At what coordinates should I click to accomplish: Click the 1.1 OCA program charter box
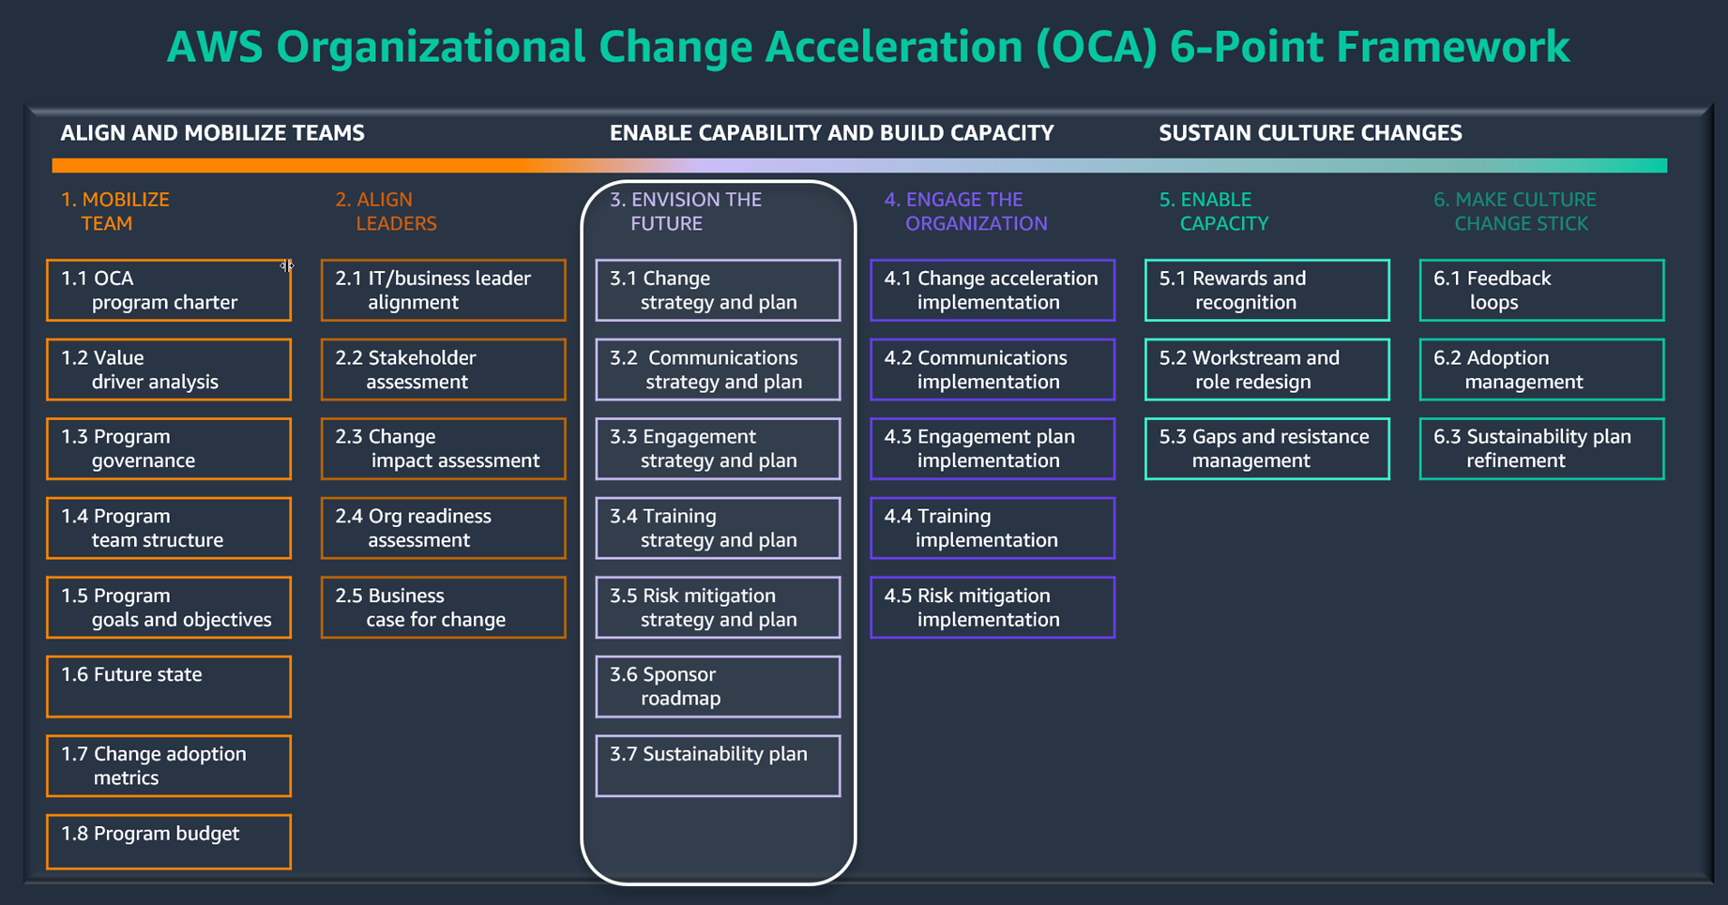[x=169, y=291]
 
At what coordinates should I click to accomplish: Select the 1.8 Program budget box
[x=169, y=841]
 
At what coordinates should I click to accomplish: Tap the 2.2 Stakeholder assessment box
[x=443, y=370]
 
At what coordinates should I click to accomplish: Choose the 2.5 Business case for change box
[x=443, y=608]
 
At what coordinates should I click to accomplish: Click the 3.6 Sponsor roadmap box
[x=718, y=686]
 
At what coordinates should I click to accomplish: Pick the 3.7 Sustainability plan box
[x=718, y=765]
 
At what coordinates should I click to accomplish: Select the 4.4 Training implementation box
[x=993, y=528]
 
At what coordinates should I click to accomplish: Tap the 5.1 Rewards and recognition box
[x=1266, y=291]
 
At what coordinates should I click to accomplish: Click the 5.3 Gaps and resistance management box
[x=1266, y=449]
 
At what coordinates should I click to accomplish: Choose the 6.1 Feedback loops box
[x=1541, y=291]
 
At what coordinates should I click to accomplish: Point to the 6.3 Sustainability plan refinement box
[x=1541, y=449]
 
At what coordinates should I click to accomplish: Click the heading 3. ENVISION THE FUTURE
[x=686, y=212]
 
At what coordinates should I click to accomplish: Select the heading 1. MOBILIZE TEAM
[x=114, y=212]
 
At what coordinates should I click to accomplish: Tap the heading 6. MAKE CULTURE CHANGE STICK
[x=1514, y=212]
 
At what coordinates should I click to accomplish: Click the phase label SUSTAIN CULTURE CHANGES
[x=1310, y=133]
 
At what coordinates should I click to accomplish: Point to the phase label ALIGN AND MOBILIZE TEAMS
[x=213, y=133]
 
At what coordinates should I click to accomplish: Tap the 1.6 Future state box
[x=169, y=686]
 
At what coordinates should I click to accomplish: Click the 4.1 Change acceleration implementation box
[x=993, y=291]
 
